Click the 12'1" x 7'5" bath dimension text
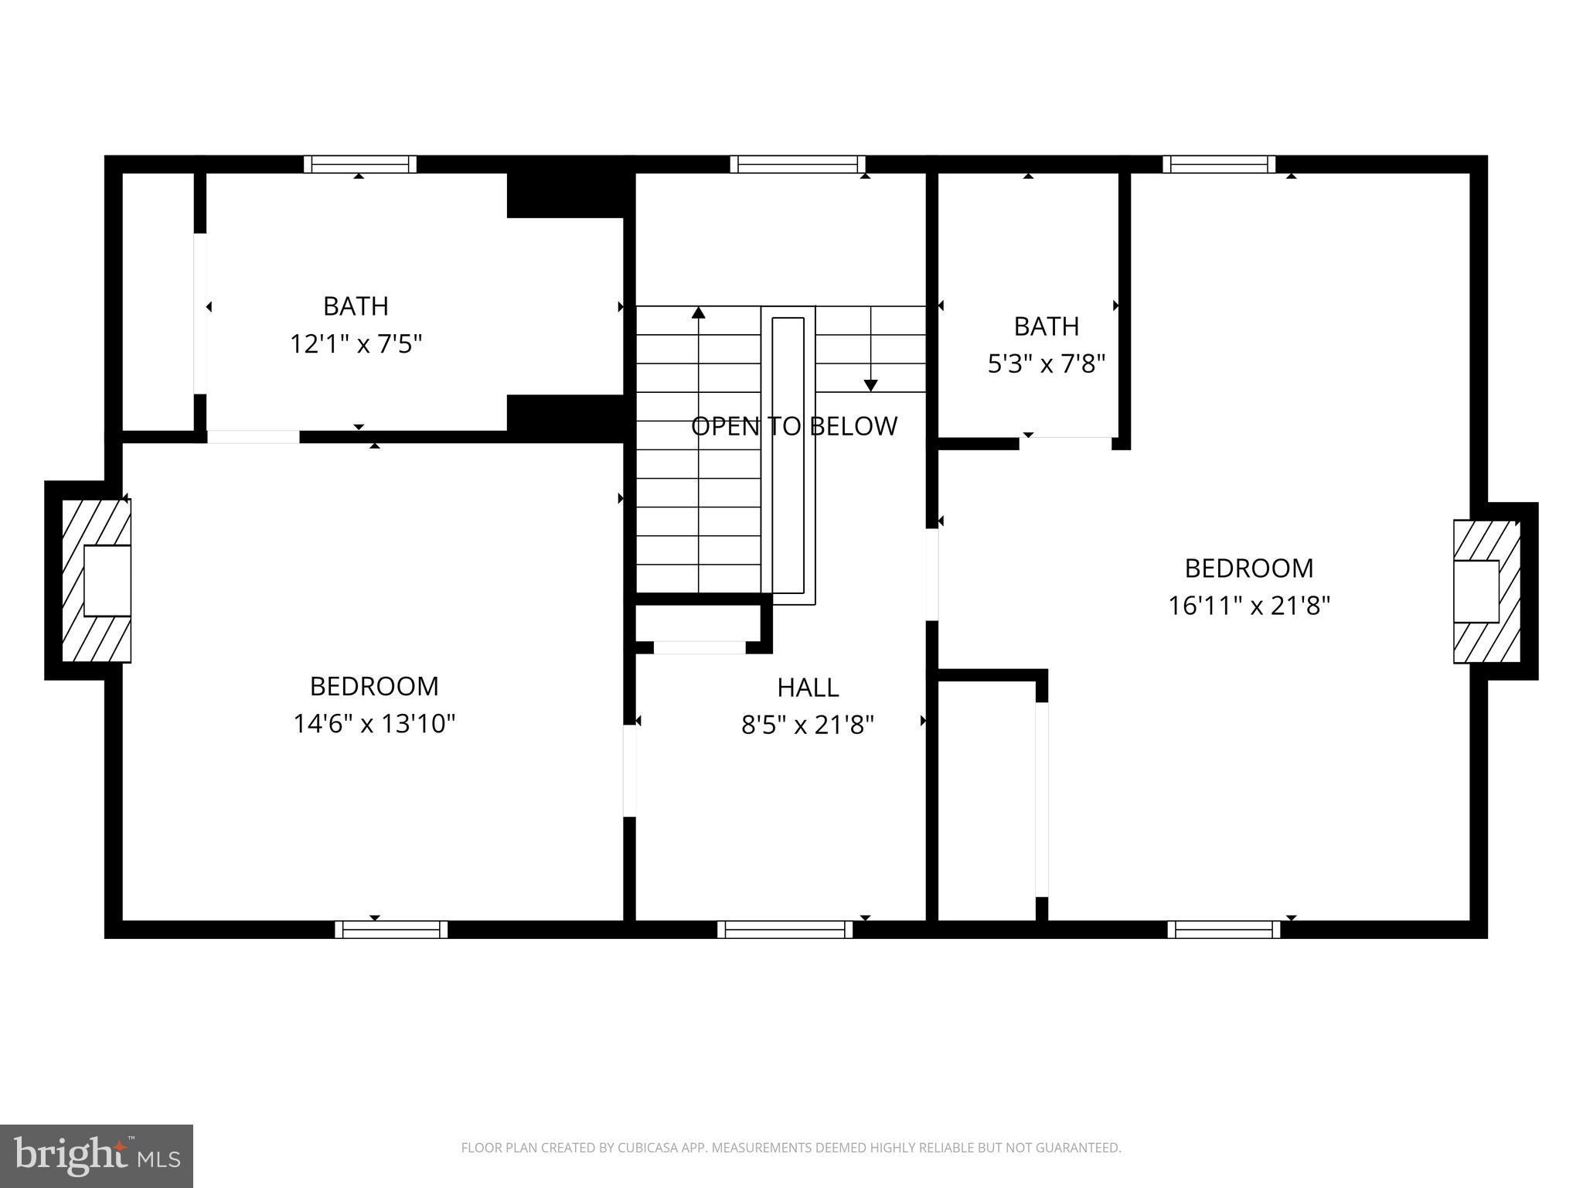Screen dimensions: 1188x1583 point(356,343)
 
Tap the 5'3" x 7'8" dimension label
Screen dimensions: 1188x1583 point(1046,363)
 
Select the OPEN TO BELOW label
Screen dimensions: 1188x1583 point(794,426)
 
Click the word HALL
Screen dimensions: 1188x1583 point(808,687)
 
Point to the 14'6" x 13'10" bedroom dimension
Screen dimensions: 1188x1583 point(374,724)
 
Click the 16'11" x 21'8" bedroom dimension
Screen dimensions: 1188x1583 point(1248,606)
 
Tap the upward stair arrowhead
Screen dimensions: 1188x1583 point(699,312)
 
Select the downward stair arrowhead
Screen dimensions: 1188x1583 point(870,385)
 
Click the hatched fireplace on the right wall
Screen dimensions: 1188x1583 point(1486,591)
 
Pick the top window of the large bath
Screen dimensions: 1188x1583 point(360,164)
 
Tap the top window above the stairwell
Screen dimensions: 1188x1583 point(798,164)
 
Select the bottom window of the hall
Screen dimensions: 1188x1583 point(785,929)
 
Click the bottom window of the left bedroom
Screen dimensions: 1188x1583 point(391,929)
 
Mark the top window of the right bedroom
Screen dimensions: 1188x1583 point(1219,164)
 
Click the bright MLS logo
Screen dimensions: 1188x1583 point(97,1156)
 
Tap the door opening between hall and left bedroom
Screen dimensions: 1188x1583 point(629,770)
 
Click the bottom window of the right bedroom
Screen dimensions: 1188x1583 point(1224,929)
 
